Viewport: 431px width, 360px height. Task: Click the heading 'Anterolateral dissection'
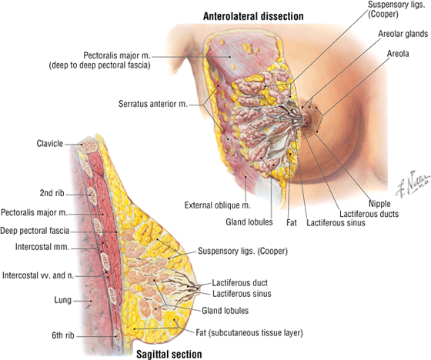coord(253,16)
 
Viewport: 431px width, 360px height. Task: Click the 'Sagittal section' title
coord(169,354)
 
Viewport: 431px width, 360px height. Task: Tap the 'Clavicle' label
coord(50,143)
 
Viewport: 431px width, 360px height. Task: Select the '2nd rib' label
coord(52,193)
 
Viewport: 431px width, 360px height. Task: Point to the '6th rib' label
coord(63,335)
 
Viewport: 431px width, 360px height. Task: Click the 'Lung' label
coord(62,300)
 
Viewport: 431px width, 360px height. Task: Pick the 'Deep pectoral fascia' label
coord(35,231)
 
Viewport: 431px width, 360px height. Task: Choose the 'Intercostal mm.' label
coord(42,247)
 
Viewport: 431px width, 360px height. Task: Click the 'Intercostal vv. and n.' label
coord(38,275)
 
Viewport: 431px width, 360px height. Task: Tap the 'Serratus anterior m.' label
coord(153,104)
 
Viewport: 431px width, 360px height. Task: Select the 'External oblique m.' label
coord(217,205)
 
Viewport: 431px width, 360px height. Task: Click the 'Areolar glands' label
coord(403,34)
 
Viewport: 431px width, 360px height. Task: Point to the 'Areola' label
coord(398,53)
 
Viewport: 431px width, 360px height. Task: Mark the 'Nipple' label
coord(379,204)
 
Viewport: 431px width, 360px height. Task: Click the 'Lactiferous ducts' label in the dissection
coord(369,214)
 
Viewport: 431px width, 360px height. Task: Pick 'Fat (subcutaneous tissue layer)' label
coord(249,333)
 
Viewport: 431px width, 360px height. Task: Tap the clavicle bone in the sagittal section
coord(88,145)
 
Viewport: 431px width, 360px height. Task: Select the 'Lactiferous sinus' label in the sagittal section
coord(242,294)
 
